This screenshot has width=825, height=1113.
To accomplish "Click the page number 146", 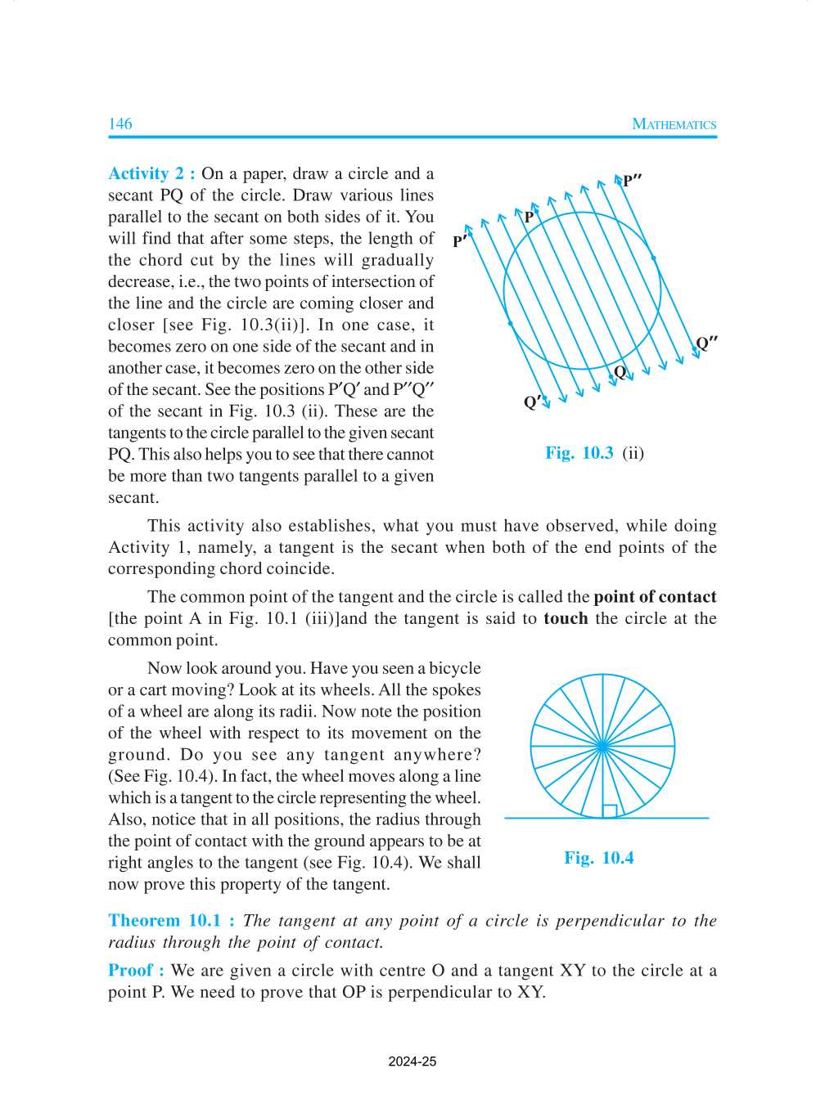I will [x=119, y=123].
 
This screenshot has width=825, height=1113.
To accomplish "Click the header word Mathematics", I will [x=674, y=124].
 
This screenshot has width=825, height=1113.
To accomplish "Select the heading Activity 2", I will [x=151, y=173].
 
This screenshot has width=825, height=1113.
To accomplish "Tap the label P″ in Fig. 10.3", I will [x=631, y=181].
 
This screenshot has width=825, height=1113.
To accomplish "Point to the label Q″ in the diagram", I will [x=706, y=343].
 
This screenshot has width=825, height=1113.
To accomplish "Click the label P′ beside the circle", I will [x=460, y=241].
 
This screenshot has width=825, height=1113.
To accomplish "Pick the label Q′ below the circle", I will [x=532, y=402].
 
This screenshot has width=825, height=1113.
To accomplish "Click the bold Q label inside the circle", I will [x=620, y=372].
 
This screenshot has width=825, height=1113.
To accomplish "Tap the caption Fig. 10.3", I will [x=579, y=453].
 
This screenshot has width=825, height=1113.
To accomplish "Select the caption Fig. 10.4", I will [x=598, y=858].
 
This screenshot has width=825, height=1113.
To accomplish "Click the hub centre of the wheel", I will [x=602, y=746].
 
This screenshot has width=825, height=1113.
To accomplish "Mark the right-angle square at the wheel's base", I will [x=609, y=811].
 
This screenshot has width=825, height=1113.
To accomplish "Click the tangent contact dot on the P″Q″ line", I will [x=653, y=258].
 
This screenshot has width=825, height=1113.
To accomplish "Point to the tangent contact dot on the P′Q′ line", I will [x=511, y=324].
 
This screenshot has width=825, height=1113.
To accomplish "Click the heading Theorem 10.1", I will [x=171, y=920].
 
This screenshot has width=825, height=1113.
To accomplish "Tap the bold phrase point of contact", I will [x=655, y=596].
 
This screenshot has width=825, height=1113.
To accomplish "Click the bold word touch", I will [x=566, y=618].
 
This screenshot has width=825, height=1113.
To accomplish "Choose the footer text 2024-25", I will [x=412, y=1061].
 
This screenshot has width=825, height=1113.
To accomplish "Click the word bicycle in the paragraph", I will [x=455, y=668].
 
